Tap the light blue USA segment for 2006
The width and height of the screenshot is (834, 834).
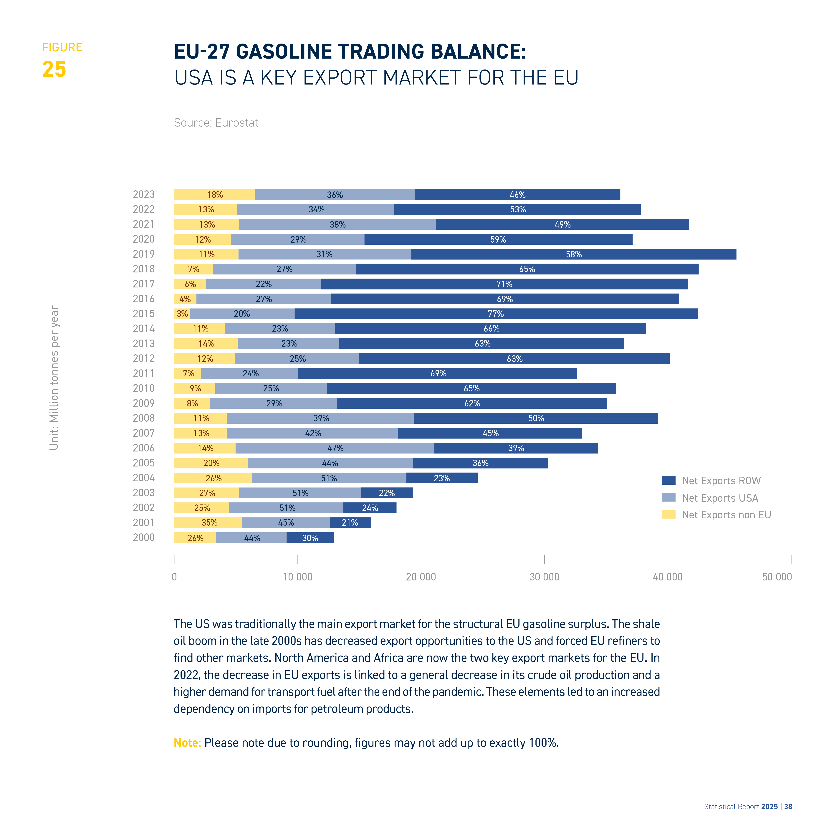(335, 448)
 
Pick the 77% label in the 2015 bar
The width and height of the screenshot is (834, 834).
(496, 314)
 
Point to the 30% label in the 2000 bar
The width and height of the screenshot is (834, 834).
(310, 538)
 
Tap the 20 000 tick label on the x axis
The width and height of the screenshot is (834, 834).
(421, 577)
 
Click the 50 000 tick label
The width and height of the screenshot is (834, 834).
(777, 577)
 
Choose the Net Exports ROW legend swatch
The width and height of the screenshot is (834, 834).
(669, 480)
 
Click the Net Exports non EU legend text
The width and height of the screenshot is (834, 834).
(727, 515)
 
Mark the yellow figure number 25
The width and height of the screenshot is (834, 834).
(54, 69)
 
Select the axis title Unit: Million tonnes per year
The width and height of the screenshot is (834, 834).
(54, 378)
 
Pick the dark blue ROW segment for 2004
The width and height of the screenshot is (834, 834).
(442, 478)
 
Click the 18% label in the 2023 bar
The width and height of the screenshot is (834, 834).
(215, 195)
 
